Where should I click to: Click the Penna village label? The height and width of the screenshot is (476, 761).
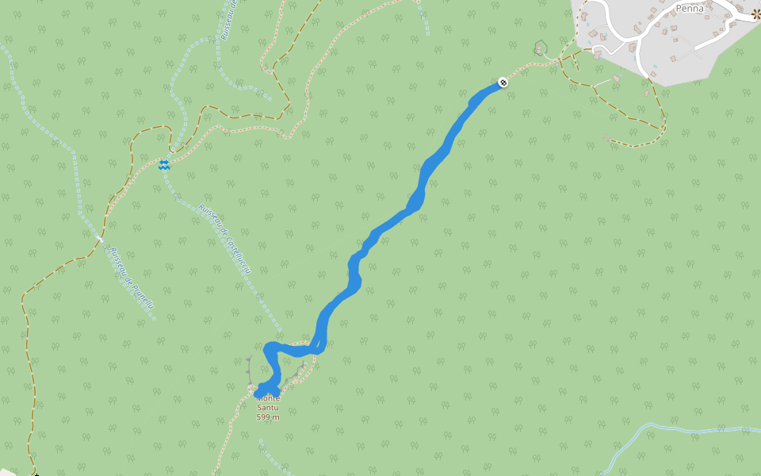(x=689, y=9)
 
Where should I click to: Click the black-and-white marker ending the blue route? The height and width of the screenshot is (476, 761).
(x=503, y=82)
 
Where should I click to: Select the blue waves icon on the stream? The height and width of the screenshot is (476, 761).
(x=163, y=164)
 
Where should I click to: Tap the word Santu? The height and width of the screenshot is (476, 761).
(x=268, y=407)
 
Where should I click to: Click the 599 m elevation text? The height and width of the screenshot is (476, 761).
(x=268, y=416)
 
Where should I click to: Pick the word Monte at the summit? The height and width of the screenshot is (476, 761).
(x=268, y=397)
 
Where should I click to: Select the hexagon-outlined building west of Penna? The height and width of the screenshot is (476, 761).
(x=541, y=48)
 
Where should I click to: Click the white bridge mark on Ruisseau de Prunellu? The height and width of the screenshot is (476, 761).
(x=100, y=237)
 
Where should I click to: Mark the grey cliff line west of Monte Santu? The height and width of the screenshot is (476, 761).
(x=249, y=369)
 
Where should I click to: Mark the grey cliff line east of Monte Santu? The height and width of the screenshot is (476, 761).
(x=299, y=370)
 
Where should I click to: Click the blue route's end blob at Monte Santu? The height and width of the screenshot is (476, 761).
(x=264, y=387)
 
